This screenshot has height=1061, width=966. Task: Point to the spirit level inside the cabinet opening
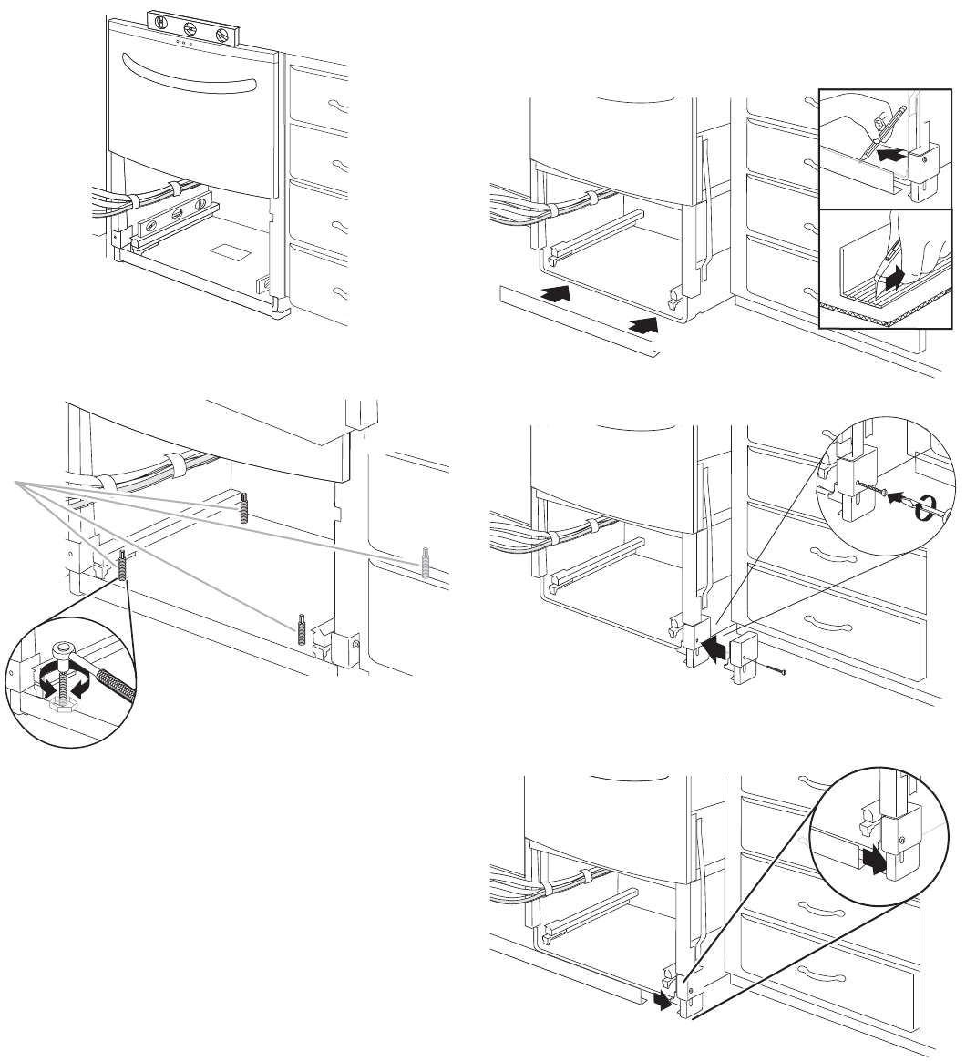pyautogui.click(x=173, y=219)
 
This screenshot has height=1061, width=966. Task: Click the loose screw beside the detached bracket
pyautogui.click(x=772, y=671)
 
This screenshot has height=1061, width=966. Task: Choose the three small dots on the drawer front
pyautogui.click(x=183, y=42)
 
